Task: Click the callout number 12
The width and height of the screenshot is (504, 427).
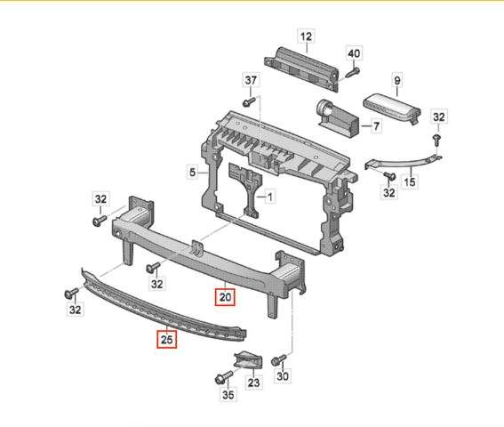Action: (x=306, y=36)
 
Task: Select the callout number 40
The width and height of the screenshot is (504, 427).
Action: (x=354, y=53)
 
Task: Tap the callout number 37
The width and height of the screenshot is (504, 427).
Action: (x=251, y=80)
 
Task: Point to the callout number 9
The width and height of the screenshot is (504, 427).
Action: (x=397, y=80)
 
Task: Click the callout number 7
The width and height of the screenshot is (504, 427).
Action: (x=376, y=125)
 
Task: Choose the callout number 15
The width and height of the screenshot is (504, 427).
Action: (x=409, y=182)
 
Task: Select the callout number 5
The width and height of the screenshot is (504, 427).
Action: (x=192, y=173)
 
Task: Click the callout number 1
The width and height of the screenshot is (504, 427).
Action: (x=270, y=197)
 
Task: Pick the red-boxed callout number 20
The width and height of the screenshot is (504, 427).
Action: (x=225, y=297)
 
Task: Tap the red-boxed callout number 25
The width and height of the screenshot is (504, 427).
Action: (x=166, y=340)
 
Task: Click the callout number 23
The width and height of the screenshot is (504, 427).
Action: (x=253, y=383)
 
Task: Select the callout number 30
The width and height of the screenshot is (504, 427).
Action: (x=283, y=375)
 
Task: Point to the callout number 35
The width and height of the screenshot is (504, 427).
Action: (x=228, y=394)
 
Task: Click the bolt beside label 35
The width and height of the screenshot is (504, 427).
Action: (x=223, y=377)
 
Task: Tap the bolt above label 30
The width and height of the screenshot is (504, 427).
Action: (x=278, y=359)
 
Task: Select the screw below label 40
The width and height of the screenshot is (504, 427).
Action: (x=353, y=72)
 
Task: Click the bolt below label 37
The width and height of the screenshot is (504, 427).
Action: (x=249, y=101)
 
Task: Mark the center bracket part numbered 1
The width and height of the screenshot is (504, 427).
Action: (x=245, y=189)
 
